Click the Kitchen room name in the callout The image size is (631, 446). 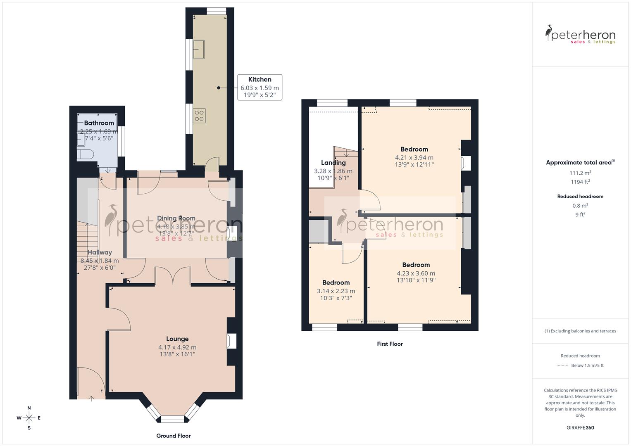260,79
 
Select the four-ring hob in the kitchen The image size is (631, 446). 199,116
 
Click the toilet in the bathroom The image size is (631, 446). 86,154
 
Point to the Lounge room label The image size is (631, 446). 177,339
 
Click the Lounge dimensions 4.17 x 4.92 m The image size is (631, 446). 177,347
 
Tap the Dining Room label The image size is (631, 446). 176,218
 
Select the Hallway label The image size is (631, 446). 100,252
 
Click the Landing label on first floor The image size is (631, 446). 333,163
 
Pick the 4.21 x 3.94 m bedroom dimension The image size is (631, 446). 414,157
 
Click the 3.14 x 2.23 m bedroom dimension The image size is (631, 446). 336,291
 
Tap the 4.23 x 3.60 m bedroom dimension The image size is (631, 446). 416,273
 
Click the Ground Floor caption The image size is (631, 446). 173,436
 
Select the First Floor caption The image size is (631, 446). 390,344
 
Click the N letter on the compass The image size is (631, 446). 29,408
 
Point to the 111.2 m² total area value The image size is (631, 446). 580,173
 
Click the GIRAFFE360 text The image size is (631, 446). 580,427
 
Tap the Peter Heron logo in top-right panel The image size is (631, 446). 580,35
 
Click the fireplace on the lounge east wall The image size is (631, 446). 231,342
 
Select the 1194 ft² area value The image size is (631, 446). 580,182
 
